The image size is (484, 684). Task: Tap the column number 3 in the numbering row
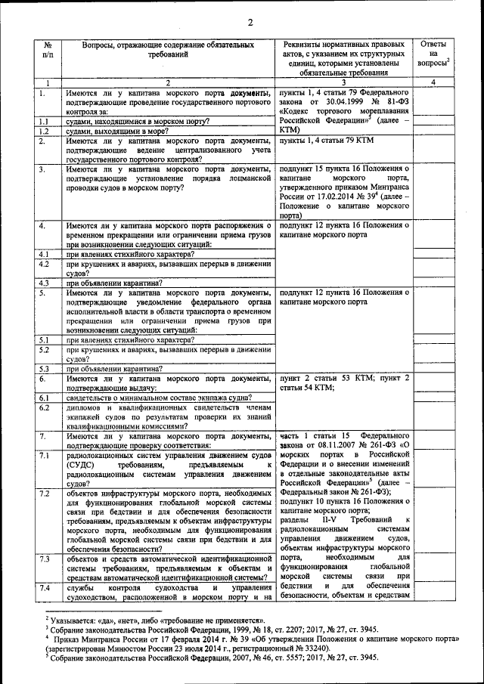point(343,82)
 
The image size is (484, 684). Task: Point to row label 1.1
point(45,121)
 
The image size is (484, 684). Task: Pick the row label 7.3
point(45,559)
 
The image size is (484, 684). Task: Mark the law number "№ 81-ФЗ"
point(393,102)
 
